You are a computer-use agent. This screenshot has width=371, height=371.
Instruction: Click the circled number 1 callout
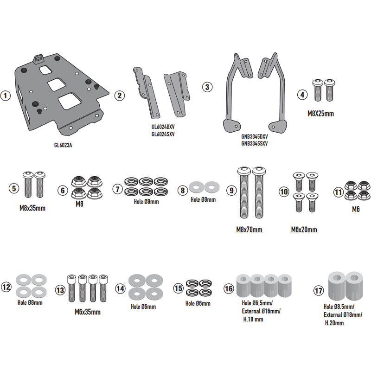(5, 96)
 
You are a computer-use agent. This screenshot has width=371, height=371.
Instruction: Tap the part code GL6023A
(63, 145)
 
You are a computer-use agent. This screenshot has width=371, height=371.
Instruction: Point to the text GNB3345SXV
(255, 144)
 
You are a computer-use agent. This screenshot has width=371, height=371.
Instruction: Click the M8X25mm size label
(320, 113)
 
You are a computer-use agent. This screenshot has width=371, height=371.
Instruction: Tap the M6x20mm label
(304, 230)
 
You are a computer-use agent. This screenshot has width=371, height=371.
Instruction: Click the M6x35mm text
(88, 312)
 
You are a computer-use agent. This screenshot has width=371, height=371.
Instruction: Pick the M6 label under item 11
(356, 209)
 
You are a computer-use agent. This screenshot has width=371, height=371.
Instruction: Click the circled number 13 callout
(60, 290)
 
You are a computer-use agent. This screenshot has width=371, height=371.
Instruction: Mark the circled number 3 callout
(207, 87)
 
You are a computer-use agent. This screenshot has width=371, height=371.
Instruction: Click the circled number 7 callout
(118, 189)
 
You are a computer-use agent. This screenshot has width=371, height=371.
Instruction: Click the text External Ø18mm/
(343, 315)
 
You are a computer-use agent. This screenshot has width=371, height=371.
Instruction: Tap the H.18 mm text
(253, 319)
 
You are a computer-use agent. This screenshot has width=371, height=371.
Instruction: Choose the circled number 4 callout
(303, 95)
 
